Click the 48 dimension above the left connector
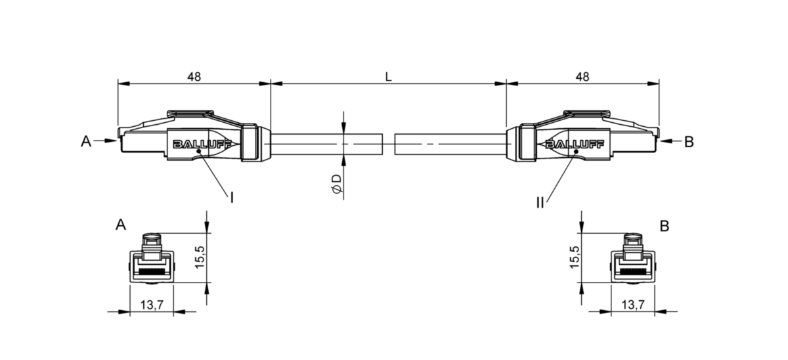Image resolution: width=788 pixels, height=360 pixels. pos(194,76)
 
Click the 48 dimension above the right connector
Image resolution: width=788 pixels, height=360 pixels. pos(582,76)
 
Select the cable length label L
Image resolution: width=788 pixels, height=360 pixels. pos(388,76)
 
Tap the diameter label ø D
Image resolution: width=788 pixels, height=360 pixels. pos(336,184)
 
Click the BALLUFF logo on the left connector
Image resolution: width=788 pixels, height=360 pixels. pos(195,145)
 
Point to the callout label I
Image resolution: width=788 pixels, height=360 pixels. pos(232,196)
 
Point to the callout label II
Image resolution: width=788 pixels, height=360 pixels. pos(539,203)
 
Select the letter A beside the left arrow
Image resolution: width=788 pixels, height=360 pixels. pos(86,141)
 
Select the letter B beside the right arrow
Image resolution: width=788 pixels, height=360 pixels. pos(688,141)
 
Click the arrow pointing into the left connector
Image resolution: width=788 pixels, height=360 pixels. pos(105,141)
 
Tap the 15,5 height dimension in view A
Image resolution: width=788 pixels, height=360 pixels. pos(200,258)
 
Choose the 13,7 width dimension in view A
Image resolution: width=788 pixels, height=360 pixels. pos(151,304)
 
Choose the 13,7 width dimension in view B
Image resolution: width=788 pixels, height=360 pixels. pos(633,304)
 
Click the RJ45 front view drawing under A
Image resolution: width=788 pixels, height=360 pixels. pos(152,259)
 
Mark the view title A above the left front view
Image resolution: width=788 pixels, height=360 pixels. pos(120,225)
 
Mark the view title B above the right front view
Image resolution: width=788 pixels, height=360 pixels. pos(665,226)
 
